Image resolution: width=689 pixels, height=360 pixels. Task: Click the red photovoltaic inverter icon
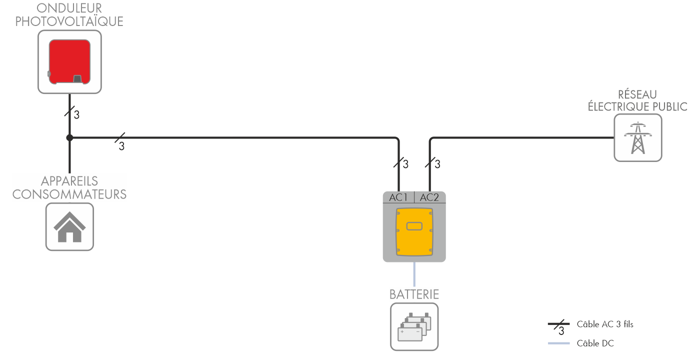69,62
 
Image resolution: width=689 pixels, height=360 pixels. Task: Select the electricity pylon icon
637,137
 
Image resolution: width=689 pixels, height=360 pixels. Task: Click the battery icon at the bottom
414,326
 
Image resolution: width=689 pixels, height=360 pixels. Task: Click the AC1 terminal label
398,197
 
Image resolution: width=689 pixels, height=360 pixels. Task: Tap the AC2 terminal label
429,197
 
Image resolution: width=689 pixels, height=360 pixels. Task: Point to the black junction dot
69,137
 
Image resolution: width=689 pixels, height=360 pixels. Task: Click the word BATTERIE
414,294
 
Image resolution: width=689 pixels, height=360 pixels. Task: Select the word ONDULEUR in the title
69,8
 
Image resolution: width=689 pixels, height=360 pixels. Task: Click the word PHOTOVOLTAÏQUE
69,21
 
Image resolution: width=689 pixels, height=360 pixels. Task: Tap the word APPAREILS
69,181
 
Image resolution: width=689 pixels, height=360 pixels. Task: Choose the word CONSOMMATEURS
69,194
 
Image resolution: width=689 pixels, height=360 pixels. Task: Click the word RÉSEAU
637,94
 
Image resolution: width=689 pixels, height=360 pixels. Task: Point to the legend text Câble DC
595,343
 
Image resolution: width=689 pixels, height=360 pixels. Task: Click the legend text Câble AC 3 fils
605,324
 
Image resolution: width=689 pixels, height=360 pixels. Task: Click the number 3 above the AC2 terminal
437,164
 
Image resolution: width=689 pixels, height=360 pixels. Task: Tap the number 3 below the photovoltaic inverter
76,115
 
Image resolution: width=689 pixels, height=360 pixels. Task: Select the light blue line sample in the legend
559,343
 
